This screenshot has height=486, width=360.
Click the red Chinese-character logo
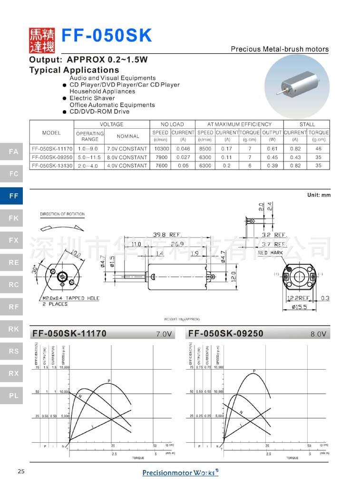click(42, 40)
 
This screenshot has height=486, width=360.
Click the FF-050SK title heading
click(107, 36)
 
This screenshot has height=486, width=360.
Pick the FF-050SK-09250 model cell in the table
click(52, 157)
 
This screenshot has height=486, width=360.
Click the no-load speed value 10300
click(160, 149)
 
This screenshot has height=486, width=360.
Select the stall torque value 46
click(318, 149)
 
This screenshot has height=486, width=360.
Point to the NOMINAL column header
click(128, 136)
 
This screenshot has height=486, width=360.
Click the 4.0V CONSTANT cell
click(126, 166)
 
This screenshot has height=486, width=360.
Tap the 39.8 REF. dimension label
click(167, 235)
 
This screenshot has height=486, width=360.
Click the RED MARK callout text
click(270, 253)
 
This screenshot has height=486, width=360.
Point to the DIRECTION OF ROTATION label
click(62, 214)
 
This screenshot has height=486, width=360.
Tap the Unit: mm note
click(319, 195)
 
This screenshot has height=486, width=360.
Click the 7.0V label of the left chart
click(164, 334)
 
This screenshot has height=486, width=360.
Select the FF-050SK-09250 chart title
click(225, 334)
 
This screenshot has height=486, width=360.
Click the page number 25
click(20, 471)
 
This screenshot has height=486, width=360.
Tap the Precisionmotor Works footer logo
click(180, 472)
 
